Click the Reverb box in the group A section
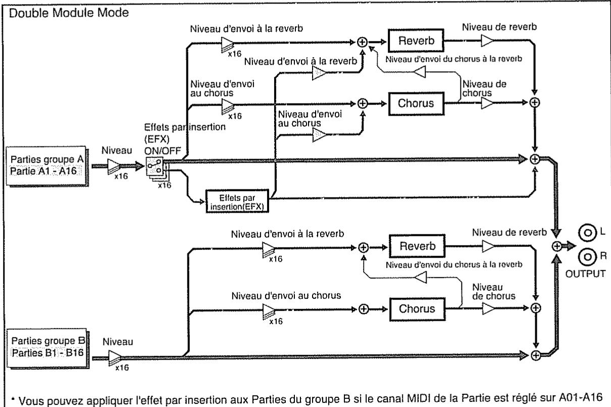coord(416,40)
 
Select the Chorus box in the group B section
coord(417,309)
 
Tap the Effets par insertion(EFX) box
coord(237,201)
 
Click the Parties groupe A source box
coord(46,166)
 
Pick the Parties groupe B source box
coord(47,348)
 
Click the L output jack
coord(587,233)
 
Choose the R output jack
coord(587,257)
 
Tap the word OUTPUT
coord(585,274)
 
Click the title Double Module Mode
coord(69,13)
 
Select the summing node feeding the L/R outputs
coord(557,246)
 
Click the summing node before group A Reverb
coord(362,42)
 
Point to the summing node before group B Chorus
coord(364,309)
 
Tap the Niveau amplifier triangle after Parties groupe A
coord(114,166)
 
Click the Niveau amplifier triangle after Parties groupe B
coord(115,358)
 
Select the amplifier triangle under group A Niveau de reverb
coord(487,41)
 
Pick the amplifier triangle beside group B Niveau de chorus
coord(488,309)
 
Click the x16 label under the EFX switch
coord(165,185)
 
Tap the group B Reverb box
coord(417,246)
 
